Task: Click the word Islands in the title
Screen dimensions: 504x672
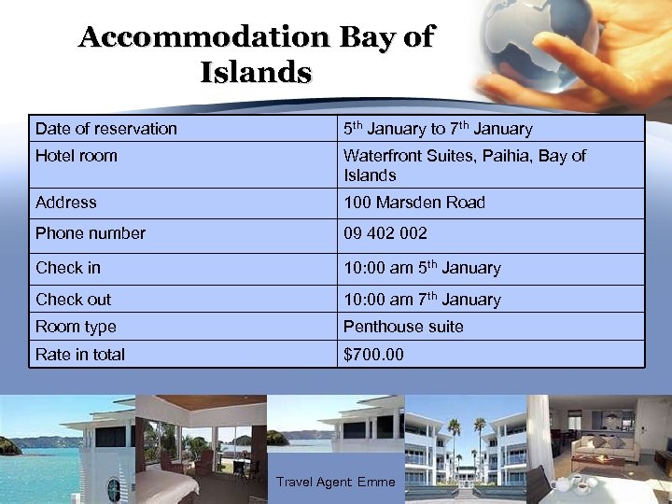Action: [255, 72]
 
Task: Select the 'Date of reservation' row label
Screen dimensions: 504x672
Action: [105, 129]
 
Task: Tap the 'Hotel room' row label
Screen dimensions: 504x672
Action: [77, 156]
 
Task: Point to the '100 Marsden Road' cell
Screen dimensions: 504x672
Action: [414, 203]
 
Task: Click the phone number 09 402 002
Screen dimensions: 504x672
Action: [385, 233]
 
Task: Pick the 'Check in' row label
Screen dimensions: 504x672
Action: [68, 268]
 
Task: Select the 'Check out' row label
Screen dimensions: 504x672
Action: [73, 300]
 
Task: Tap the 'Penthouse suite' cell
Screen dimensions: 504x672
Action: [403, 327]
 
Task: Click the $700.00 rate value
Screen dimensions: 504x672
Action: [373, 355]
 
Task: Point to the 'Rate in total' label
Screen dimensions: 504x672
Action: [80, 355]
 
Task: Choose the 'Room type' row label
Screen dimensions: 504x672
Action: [76, 327]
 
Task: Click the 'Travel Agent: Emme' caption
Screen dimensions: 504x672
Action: [336, 483]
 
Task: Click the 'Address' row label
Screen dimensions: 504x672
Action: [66, 203]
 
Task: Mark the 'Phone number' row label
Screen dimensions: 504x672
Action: [91, 233]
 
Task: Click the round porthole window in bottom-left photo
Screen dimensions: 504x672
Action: [113, 489]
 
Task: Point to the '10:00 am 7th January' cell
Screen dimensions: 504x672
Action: [422, 300]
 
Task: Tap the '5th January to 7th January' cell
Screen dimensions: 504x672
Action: [438, 129]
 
